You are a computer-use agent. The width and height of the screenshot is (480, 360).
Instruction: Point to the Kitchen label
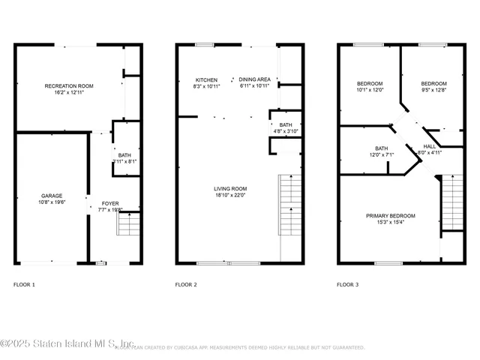click(206, 80)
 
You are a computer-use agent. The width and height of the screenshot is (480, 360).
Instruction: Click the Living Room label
click(231, 188)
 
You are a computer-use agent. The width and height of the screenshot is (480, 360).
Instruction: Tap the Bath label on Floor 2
click(285, 125)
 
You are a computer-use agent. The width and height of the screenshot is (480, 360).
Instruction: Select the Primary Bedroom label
click(390, 216)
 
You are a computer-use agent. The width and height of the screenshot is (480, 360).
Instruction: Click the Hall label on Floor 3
click(429, 146)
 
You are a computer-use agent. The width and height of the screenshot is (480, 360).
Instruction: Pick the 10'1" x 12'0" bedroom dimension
click(369, 90)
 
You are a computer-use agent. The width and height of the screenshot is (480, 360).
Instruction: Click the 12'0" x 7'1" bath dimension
click(381, 154)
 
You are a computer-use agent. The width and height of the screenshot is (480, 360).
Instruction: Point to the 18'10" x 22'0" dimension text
click(231, 196)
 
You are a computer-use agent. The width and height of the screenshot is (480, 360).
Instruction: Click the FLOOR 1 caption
click(24, 285)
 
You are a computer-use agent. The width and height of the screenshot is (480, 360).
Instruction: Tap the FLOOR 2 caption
click(186, 285)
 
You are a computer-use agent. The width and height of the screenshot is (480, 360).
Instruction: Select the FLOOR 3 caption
click(347, 285)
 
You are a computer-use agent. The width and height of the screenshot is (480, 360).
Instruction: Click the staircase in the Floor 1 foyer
click(129, 224)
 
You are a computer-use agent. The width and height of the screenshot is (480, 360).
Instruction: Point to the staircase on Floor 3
click(451, 202)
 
